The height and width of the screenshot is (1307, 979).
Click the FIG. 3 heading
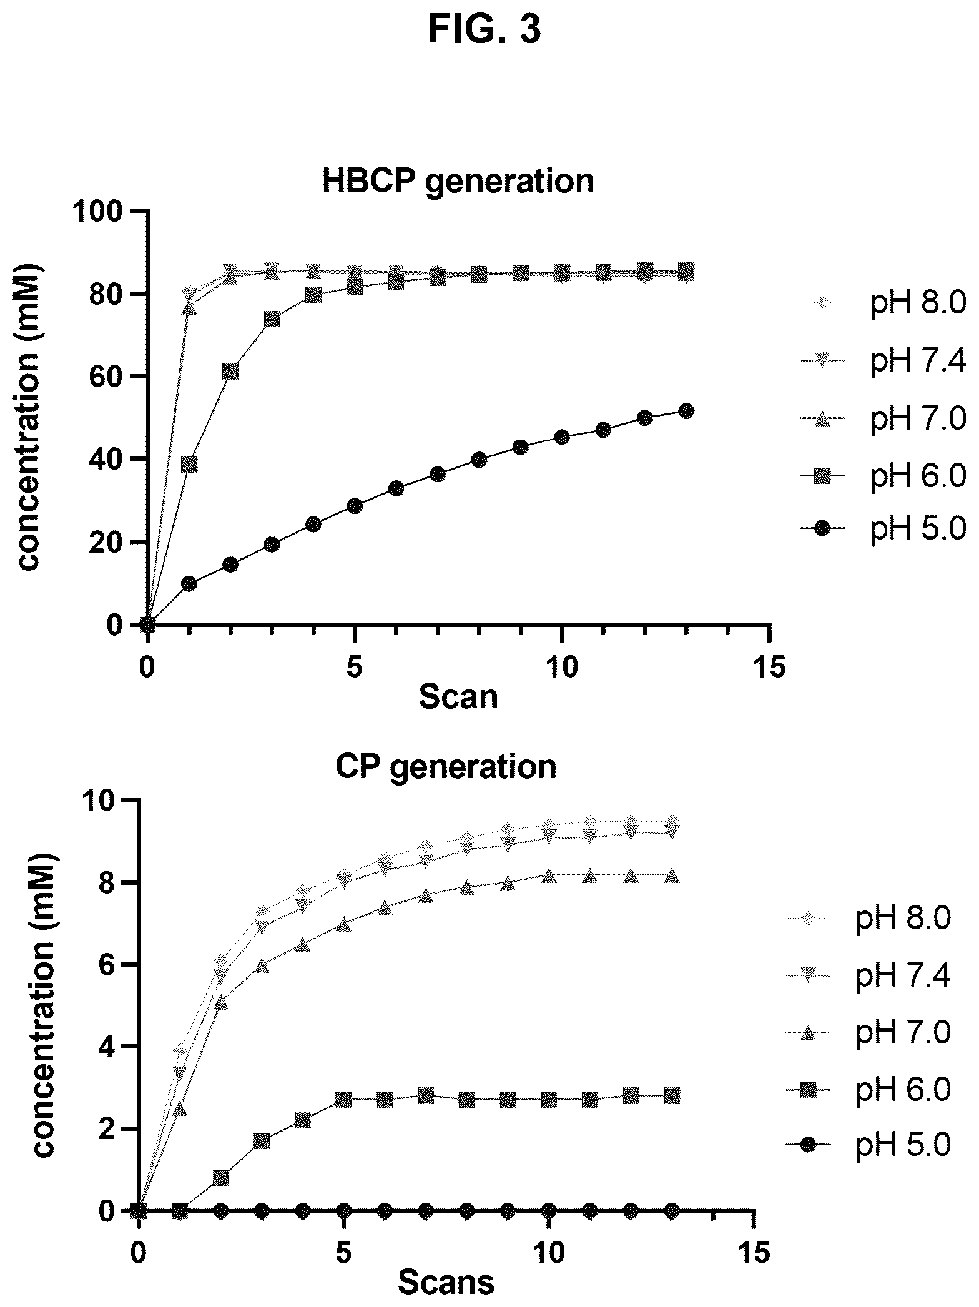click(x=484, y=30)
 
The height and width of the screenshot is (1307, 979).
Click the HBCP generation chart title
click(x=458, y=182)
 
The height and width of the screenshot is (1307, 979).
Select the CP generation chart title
click(x=446, y=767)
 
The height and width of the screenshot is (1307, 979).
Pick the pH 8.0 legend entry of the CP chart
click(x=868, y=919)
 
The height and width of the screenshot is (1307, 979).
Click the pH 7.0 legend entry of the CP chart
click(x=868, y=1032)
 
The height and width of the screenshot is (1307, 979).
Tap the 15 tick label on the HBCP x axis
click(x=769, y=667)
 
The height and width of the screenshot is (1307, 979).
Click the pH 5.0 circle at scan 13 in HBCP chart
click(x=686, y=410)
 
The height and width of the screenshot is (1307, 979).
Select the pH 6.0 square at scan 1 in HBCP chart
click(x=189, y=464)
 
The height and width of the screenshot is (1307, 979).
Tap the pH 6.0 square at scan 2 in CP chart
click(x=220, y=1178)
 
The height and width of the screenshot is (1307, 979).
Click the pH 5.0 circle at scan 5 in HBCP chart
click(x=355, y=506)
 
